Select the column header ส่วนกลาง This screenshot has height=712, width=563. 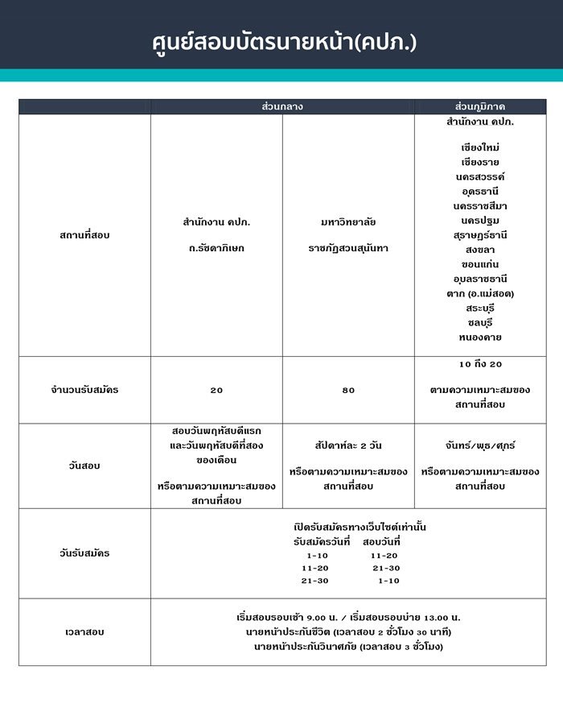point(282,106)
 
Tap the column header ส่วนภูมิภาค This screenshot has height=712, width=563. point(480,106)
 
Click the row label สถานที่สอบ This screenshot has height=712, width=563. point(84,235)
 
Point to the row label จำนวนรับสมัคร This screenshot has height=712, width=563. point(84,390)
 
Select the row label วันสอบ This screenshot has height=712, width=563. point(84,466)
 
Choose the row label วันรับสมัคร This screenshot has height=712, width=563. point(84,553)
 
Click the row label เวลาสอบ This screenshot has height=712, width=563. point(84,632)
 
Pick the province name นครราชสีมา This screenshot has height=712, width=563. point(480,205)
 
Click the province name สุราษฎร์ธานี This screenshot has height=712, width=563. point(480,234)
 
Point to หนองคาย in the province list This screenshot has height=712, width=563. point(480,337)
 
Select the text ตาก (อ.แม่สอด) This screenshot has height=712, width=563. point(480,293)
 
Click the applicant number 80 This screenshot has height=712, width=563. point(348,390)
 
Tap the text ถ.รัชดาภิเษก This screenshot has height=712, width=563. point(216,248)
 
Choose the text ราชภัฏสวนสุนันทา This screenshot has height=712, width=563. point(348,248)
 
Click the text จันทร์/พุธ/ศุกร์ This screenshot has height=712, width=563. point(480,445)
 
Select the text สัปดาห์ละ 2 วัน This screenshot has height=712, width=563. point(348,445)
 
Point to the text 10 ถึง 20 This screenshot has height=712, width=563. point(480,364)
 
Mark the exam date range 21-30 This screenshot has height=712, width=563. point(386,568)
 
